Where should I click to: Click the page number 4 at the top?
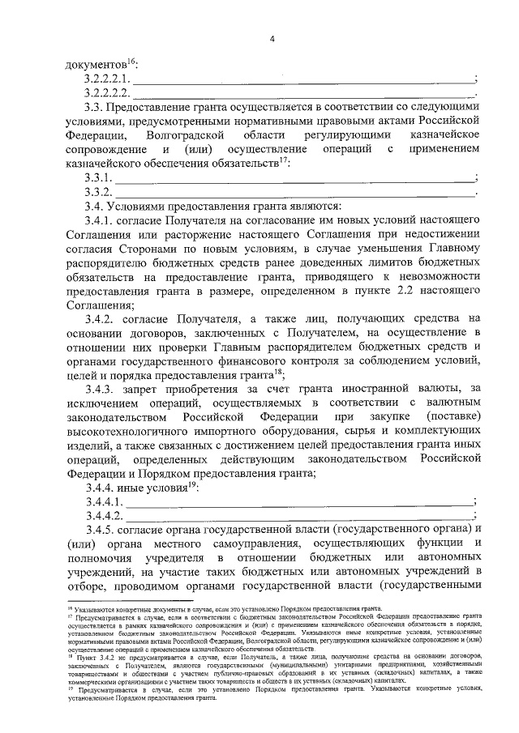[272, 38]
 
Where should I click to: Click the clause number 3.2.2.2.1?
[108, 79]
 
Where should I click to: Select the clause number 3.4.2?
[100, 320]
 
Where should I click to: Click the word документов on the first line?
[95, 64]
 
